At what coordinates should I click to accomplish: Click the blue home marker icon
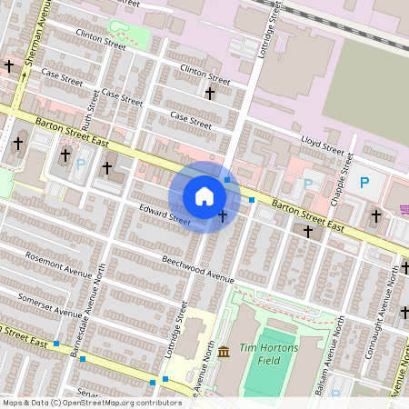tap(204, 196)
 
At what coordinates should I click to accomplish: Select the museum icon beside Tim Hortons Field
tap(224, 352)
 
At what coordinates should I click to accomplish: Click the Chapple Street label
tap(342, 173)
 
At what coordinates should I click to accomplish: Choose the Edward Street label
tap(165, 215)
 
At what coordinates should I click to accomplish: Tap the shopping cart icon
tap(404, 210)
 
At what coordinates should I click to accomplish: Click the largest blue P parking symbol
tap(364, 183)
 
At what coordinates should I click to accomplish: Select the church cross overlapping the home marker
tap(223, 215)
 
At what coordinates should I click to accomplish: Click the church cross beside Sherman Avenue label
tap(9, 66)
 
